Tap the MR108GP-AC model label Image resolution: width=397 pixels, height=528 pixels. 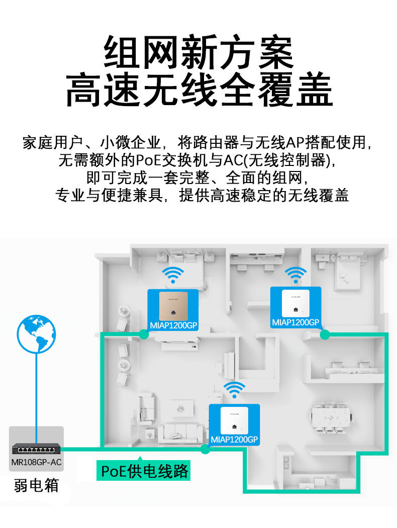tap(36, 462)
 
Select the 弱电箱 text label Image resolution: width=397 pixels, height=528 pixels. tap(36, 485)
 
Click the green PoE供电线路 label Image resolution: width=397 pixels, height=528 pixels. tap(145, 471)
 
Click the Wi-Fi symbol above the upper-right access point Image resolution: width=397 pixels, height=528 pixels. tap(295, 275)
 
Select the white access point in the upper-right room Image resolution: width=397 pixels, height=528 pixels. tap(295, 303)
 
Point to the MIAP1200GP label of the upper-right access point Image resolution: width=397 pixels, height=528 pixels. tap(295, 322)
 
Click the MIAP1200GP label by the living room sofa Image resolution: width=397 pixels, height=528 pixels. tap(234, 439)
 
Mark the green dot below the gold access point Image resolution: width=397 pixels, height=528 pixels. tap(144, 334)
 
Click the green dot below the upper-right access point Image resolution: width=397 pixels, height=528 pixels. tap(325, 334)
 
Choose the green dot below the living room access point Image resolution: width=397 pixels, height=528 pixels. tap(205, 449)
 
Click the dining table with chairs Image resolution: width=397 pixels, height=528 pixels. tap(329, 417)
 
